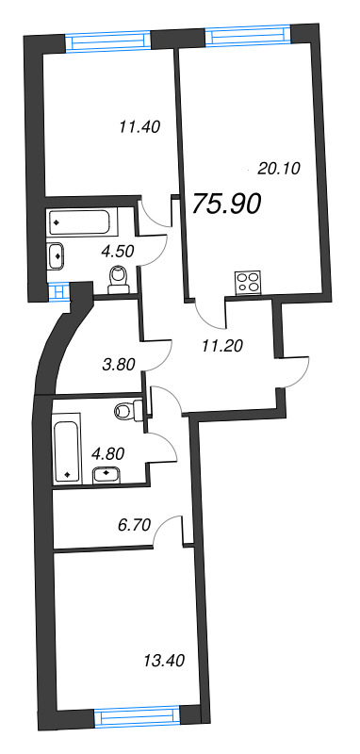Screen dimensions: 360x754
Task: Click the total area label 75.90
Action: click(x=226, y=205)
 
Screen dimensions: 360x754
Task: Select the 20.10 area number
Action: click(x=277, y=169)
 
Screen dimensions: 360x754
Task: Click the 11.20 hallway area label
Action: click(x=222, y=344)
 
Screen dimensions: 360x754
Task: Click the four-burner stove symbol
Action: click(x=249, y=282)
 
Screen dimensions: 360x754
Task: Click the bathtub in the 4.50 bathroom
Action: click(x=81, y=223)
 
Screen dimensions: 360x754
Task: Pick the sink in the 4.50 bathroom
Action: click(x=57, y=254)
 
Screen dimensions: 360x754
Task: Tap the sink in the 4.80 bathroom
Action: click(x=111, y=473)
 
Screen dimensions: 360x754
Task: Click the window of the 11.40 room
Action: click(x=108, y=41)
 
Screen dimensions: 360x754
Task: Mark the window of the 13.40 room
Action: click(x=138, y=718)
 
